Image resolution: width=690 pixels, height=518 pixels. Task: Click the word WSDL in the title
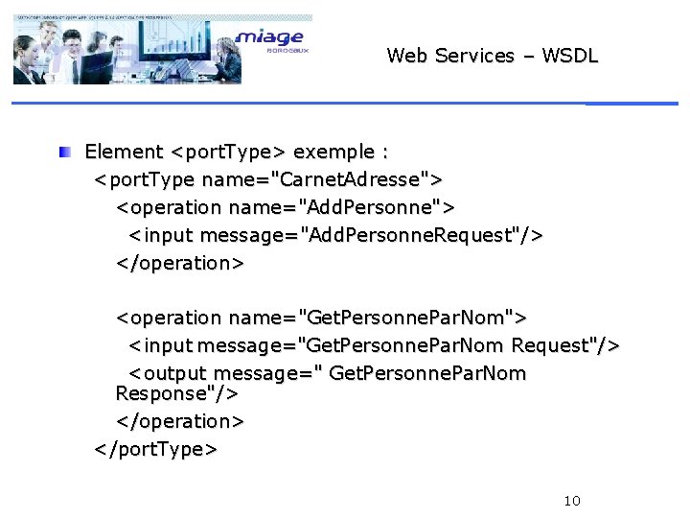coord(569,56)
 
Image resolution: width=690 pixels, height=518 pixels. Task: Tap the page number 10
coord(572,501)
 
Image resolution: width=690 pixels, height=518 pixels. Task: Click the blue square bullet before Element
coord(63,152)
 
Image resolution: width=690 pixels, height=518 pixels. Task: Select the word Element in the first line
coord(124,152)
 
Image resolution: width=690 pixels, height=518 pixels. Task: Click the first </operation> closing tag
coord(180,263)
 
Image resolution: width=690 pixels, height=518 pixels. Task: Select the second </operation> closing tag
coord(180,421)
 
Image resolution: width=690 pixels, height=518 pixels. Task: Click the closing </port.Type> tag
coord(155,449)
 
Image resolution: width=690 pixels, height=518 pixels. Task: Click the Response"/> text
coord(176,393)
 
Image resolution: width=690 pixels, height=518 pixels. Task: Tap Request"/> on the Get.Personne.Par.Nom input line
coord(566,344)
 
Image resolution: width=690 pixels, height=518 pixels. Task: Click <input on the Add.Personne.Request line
coord(162,235)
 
